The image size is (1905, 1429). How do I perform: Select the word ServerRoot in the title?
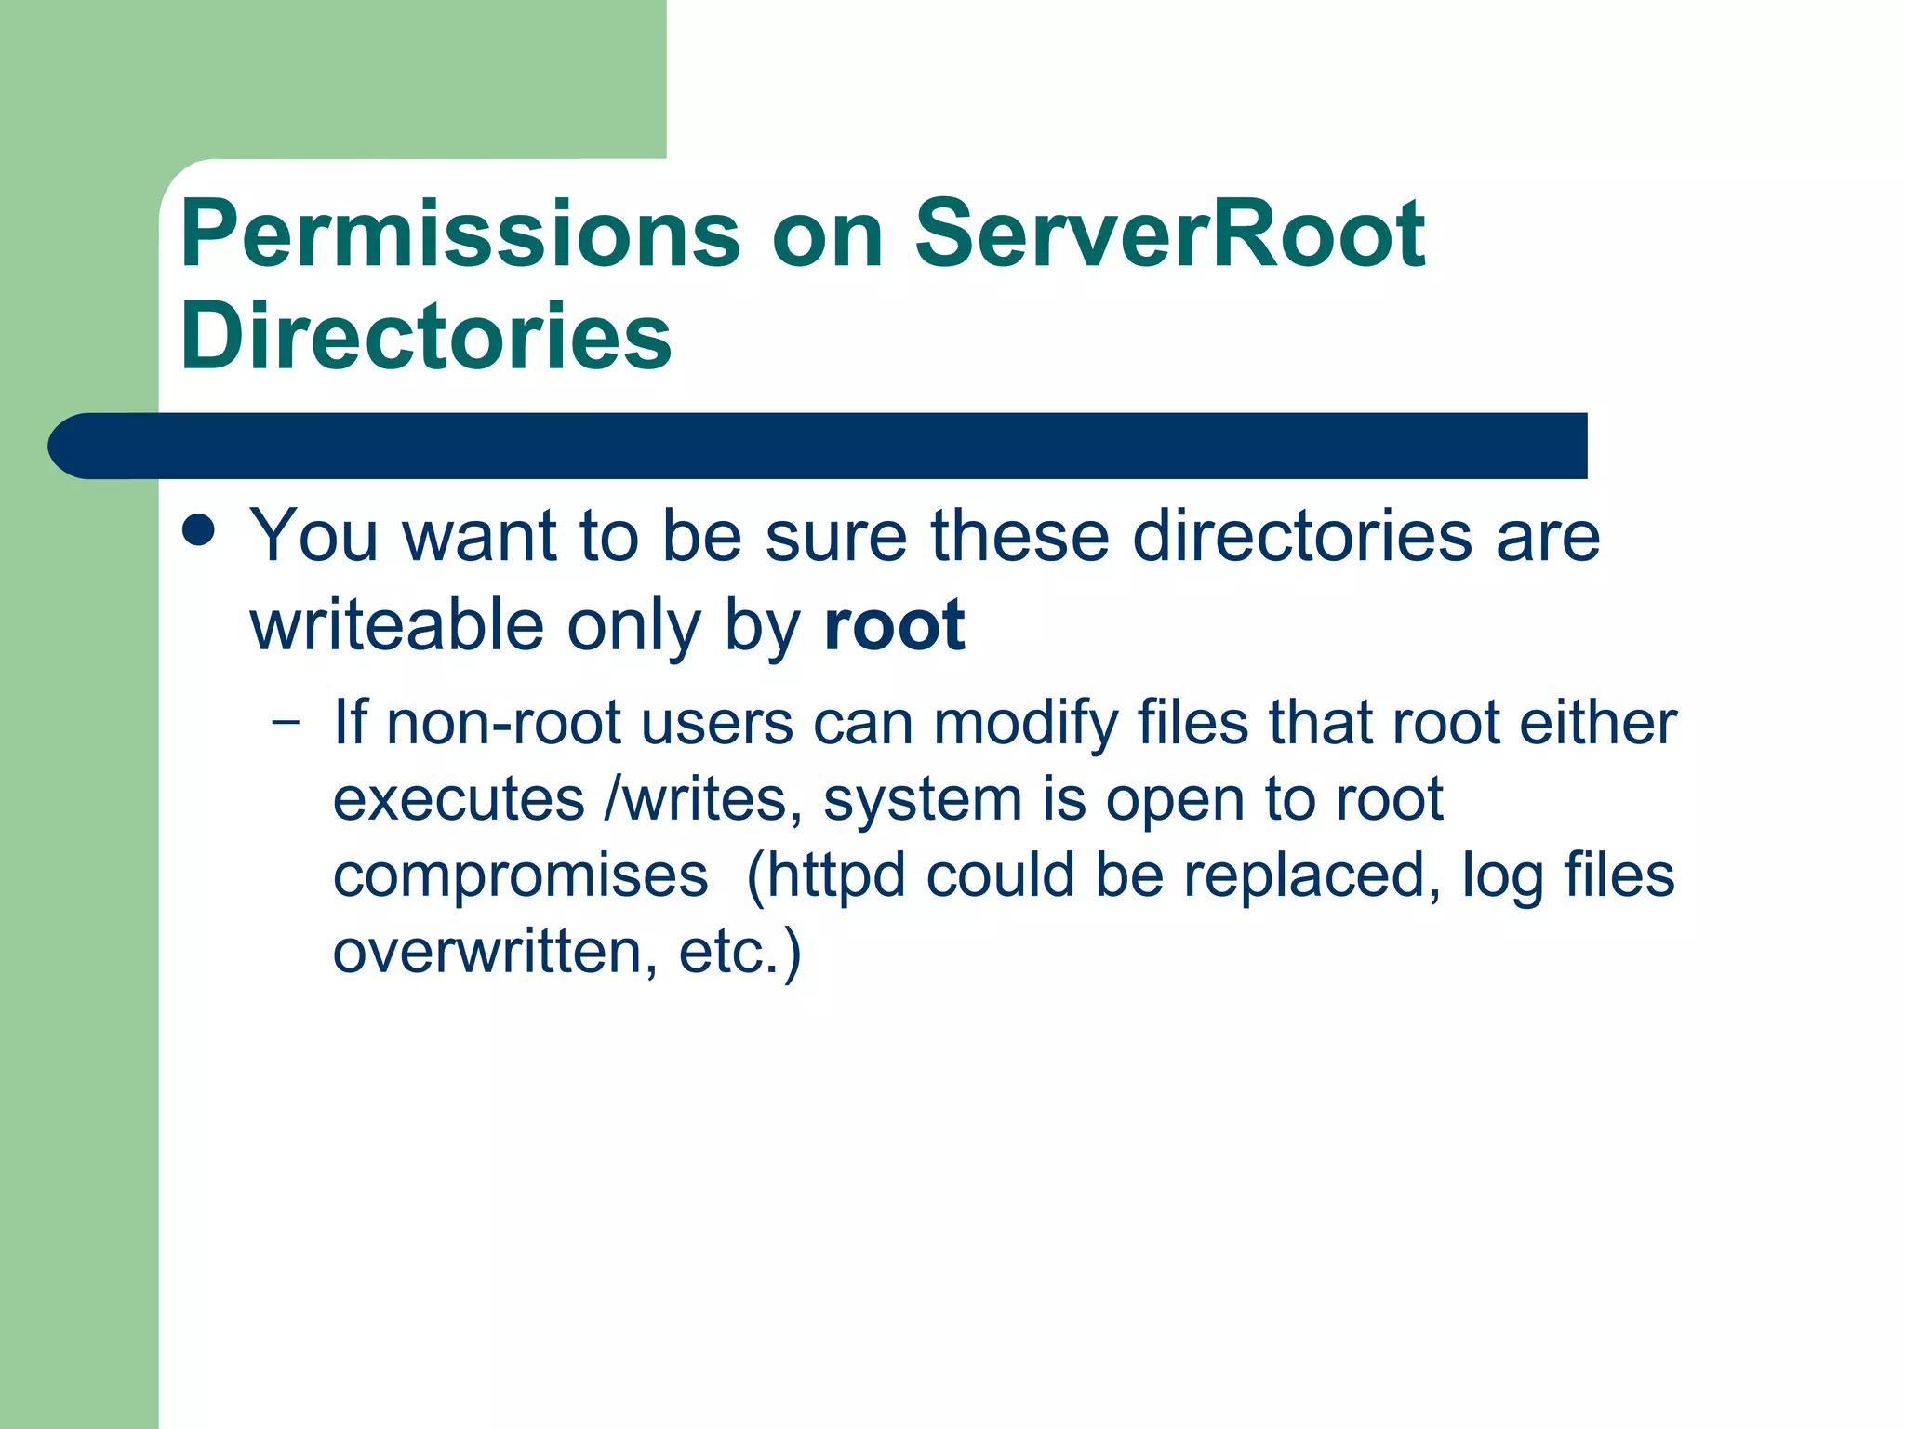1169,234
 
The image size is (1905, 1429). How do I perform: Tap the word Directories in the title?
426,337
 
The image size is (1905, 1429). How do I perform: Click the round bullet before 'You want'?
199,531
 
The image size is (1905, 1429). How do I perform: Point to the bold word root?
894,625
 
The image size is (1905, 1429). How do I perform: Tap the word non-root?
503,723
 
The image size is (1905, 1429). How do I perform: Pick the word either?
1597,723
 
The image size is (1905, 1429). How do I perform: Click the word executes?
459,799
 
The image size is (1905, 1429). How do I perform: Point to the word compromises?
520,876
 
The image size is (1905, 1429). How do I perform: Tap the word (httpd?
825,876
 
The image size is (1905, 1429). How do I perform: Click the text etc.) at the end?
739,953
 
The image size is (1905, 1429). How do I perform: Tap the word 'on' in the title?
827,236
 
